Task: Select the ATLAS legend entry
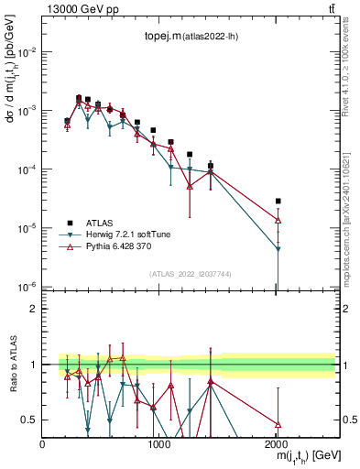tap(101, 222)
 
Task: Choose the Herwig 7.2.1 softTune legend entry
tap(122, 234)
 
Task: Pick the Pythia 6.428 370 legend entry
tap(117, 246)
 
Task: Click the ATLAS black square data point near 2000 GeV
tap(278, 201)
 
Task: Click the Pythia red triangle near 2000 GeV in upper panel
tap(278, 220)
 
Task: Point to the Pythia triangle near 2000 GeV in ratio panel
tap(278, 424)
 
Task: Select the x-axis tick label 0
tap(42, 444)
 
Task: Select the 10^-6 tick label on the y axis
tap(26, 287)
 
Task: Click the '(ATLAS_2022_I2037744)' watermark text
tap(190, 273)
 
